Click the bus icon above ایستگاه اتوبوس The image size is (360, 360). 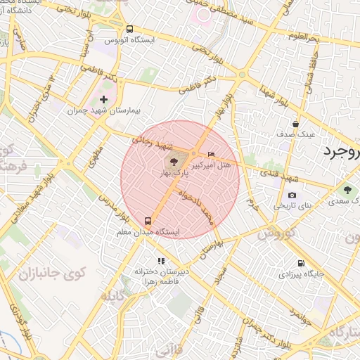(x=129, y=29)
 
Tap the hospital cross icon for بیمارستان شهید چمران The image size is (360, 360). (x=104, y=99)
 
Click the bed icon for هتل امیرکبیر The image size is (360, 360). (x=212, y=155)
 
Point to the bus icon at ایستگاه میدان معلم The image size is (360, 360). (x=148, y=219)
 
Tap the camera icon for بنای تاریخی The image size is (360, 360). (x=292, y=195)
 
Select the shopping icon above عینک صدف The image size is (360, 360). (x=296, y=124)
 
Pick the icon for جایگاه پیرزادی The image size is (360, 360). (x=301, y=265)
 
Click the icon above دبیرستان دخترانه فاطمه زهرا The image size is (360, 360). (x=161, y=260)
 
